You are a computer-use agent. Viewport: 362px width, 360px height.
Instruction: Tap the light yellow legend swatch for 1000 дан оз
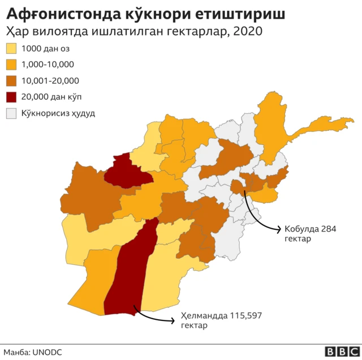pyautogui.click(x=11, y=49)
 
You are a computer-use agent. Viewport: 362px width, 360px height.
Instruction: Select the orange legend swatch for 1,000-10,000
pyautogui.click(x=11, y=65)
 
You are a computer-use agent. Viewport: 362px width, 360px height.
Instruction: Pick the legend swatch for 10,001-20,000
pyautogui.click(x=11, y=81)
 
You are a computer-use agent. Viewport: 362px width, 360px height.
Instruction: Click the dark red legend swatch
pyautogui.click(x=11, y=97)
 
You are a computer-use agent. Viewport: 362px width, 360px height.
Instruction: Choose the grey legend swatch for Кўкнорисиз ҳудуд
pyautogui.click(x=11, y=113)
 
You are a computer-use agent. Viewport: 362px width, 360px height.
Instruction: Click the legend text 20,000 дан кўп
pyautogui.click(x=49, y=97)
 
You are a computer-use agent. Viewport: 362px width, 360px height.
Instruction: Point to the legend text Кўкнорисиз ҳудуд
pyautogui.click(x=58, y=113)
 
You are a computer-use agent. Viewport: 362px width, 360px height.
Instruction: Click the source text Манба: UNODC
pyautogui.click(x=32, y=352)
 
